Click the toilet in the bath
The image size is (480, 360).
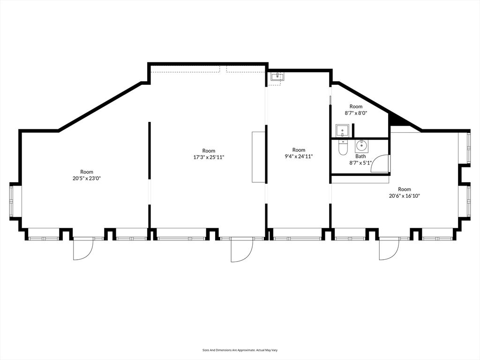(343, 148)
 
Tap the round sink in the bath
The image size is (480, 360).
(361, 145)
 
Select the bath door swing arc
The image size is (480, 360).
(381, 164)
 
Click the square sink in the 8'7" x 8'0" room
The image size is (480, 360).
(341, 130)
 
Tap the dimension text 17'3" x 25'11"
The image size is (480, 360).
(209, 157)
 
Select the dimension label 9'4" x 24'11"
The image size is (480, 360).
(299, 157)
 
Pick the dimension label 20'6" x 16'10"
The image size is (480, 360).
(404, 196)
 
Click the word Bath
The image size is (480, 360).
(360, 156)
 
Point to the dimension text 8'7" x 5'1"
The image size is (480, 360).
(360, 163)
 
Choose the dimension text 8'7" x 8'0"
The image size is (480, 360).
(356, 113)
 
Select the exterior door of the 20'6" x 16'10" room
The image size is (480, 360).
(389, 248)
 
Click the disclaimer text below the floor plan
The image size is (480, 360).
(240, 350)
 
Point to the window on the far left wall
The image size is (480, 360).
(15, 201)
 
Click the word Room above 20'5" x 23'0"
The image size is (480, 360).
(87, 172)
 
